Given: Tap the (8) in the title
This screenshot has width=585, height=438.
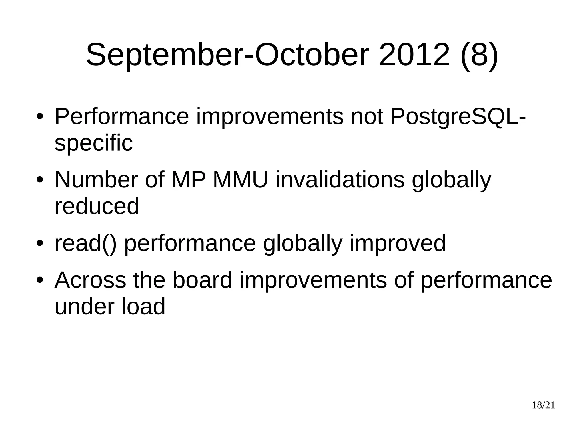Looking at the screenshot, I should pyautogui.click(x=480, y=55).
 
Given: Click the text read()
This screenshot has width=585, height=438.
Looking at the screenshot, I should pyautogui.click(x=85, y=243).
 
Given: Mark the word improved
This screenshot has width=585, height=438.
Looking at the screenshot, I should pyautogui.click(x=398, y=243).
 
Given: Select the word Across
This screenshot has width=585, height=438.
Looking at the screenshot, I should pyautogui.click(x=90, y=280).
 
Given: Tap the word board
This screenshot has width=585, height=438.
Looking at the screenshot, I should pyautogui.click(x=203, y=280).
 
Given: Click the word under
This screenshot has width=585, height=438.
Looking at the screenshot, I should pyautogui.click(x=85, y=306).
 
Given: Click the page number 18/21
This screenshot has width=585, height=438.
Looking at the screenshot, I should pyautogui.click(x=543, y=405).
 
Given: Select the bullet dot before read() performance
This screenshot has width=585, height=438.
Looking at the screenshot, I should pyautogui.click(x=40, y=243).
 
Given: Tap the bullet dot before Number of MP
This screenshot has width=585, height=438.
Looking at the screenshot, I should pyautogui.click(x=40, y=180).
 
